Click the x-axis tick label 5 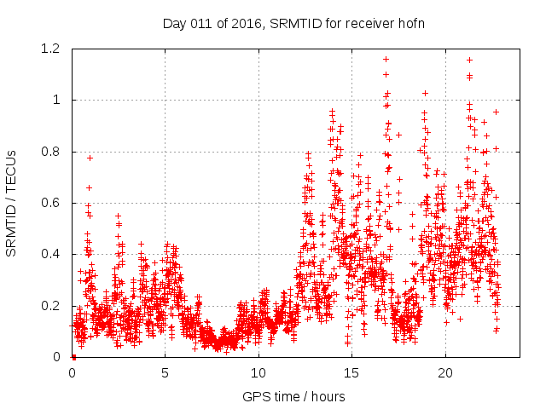click(166, 373)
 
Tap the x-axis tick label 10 click(258, 373)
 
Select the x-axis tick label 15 click(351, 373)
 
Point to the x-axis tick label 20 click(445, 373)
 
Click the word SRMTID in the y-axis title click(11, 228)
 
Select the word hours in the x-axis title click(328, 397)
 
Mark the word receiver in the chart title click(368, 23)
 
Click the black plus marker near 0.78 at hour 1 click(90, 158)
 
